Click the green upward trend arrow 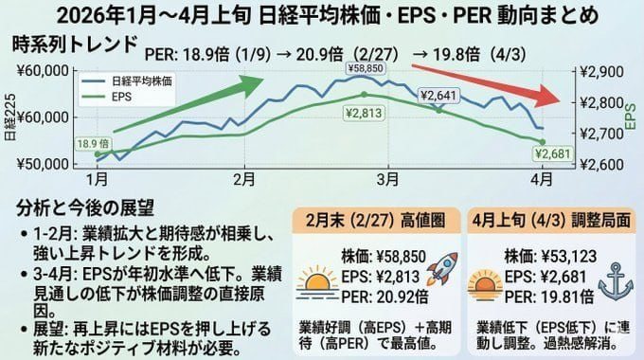(189, 104)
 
